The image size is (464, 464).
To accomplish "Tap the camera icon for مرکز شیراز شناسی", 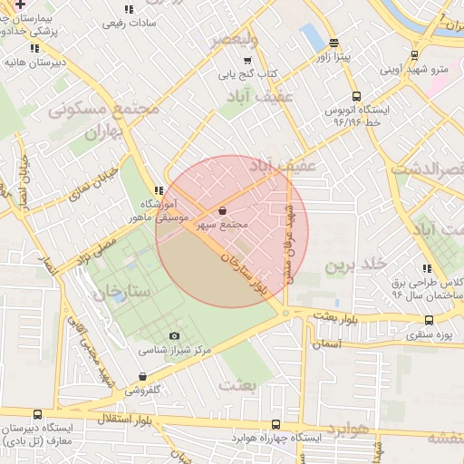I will coord(175,336).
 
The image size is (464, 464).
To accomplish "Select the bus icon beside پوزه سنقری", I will coord(429,320).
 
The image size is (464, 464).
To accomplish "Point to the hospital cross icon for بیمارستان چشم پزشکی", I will coord(20,5).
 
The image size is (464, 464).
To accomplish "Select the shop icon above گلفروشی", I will coord(141,376).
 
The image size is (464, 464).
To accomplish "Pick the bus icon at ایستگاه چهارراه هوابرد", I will coord(275,424).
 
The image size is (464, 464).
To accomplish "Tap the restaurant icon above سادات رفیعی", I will coord(128,9).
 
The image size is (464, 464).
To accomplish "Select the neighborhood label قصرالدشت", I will coord(426,169).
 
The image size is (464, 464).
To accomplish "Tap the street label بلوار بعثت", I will coord(337,318).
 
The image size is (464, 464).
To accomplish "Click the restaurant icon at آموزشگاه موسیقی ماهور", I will coord(159,190).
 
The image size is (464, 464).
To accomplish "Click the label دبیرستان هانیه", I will coord(34,62).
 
